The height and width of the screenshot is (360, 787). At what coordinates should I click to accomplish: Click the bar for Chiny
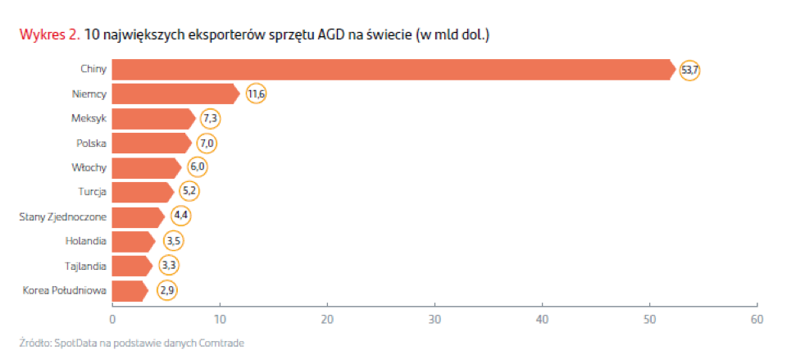(393, 70)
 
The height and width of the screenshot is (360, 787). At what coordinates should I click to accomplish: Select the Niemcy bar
(175, 94)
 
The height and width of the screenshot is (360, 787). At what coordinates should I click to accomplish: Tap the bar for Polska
(151, 144)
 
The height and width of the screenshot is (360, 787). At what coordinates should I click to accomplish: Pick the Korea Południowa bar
(130, 290)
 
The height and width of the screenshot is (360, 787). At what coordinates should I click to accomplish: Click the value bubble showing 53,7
(689, 70)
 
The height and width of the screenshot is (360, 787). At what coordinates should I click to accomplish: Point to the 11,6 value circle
(257, 94)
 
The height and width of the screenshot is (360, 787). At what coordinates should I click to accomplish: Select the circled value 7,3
(211, 119)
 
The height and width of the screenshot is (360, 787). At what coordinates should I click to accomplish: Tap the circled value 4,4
(180, 217)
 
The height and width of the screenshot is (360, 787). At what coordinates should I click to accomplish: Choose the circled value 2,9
(167, 290)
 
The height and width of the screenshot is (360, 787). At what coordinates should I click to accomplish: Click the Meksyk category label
(89, 119)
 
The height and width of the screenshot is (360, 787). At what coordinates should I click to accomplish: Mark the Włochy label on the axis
(89, 168)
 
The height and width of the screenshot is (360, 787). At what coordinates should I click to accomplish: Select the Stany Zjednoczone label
(63, 217)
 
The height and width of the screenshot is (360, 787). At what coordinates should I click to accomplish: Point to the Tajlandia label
(85, 266)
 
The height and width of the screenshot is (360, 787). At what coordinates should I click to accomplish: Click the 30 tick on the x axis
(434, 319)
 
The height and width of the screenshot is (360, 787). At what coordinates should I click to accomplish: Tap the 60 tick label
(757, 319)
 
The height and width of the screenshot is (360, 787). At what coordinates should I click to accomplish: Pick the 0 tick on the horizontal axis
(112, 319)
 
